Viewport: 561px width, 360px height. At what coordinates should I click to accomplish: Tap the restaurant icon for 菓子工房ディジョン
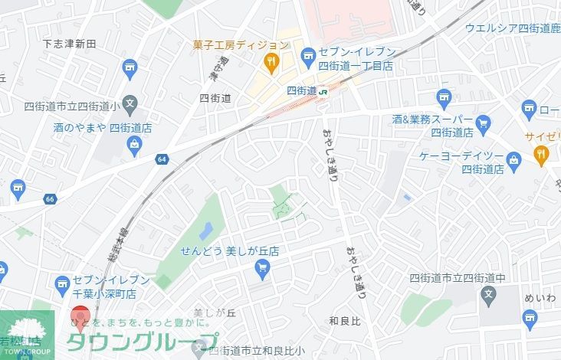click(270, 61)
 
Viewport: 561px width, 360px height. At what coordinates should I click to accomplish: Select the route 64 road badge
click(161, 159)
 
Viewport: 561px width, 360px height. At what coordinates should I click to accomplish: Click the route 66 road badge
click(50, 199)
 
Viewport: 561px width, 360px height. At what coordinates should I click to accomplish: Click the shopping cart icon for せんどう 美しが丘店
click(263, 267)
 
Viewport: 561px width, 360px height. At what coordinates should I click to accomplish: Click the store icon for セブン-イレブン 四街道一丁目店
click(308, 54)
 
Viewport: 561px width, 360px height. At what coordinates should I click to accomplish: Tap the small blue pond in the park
click(205, 230)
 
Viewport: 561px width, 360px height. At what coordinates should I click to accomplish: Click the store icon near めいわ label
click(530, 318)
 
